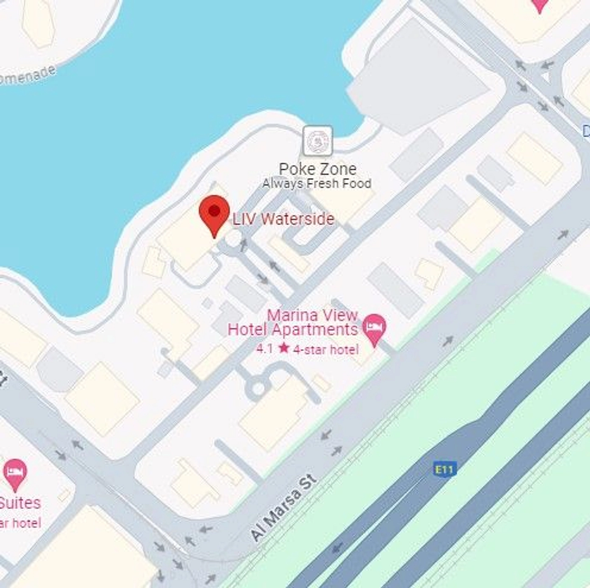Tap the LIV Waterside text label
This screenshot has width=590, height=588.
tap(284, 219)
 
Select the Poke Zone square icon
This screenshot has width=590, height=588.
tap(317, 141)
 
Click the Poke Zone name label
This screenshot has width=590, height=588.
tap(317, 169)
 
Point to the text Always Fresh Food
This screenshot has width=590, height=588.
tap(317, 184)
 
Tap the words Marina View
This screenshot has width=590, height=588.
tap(312, 315)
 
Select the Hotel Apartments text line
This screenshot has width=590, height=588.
tap(293, 330)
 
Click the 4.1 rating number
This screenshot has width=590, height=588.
tap(264, 349)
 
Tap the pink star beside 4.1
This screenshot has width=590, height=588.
tap(284, 348)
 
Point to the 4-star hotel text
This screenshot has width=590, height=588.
tap(326, 350)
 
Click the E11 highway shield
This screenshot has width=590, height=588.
tap(445, 469)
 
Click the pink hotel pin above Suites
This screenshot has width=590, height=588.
tap(15, 473)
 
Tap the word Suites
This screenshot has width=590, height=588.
tap(20, 503)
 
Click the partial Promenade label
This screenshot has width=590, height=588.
tap(28, 75)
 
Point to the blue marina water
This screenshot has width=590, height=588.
tap(170, 85)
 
